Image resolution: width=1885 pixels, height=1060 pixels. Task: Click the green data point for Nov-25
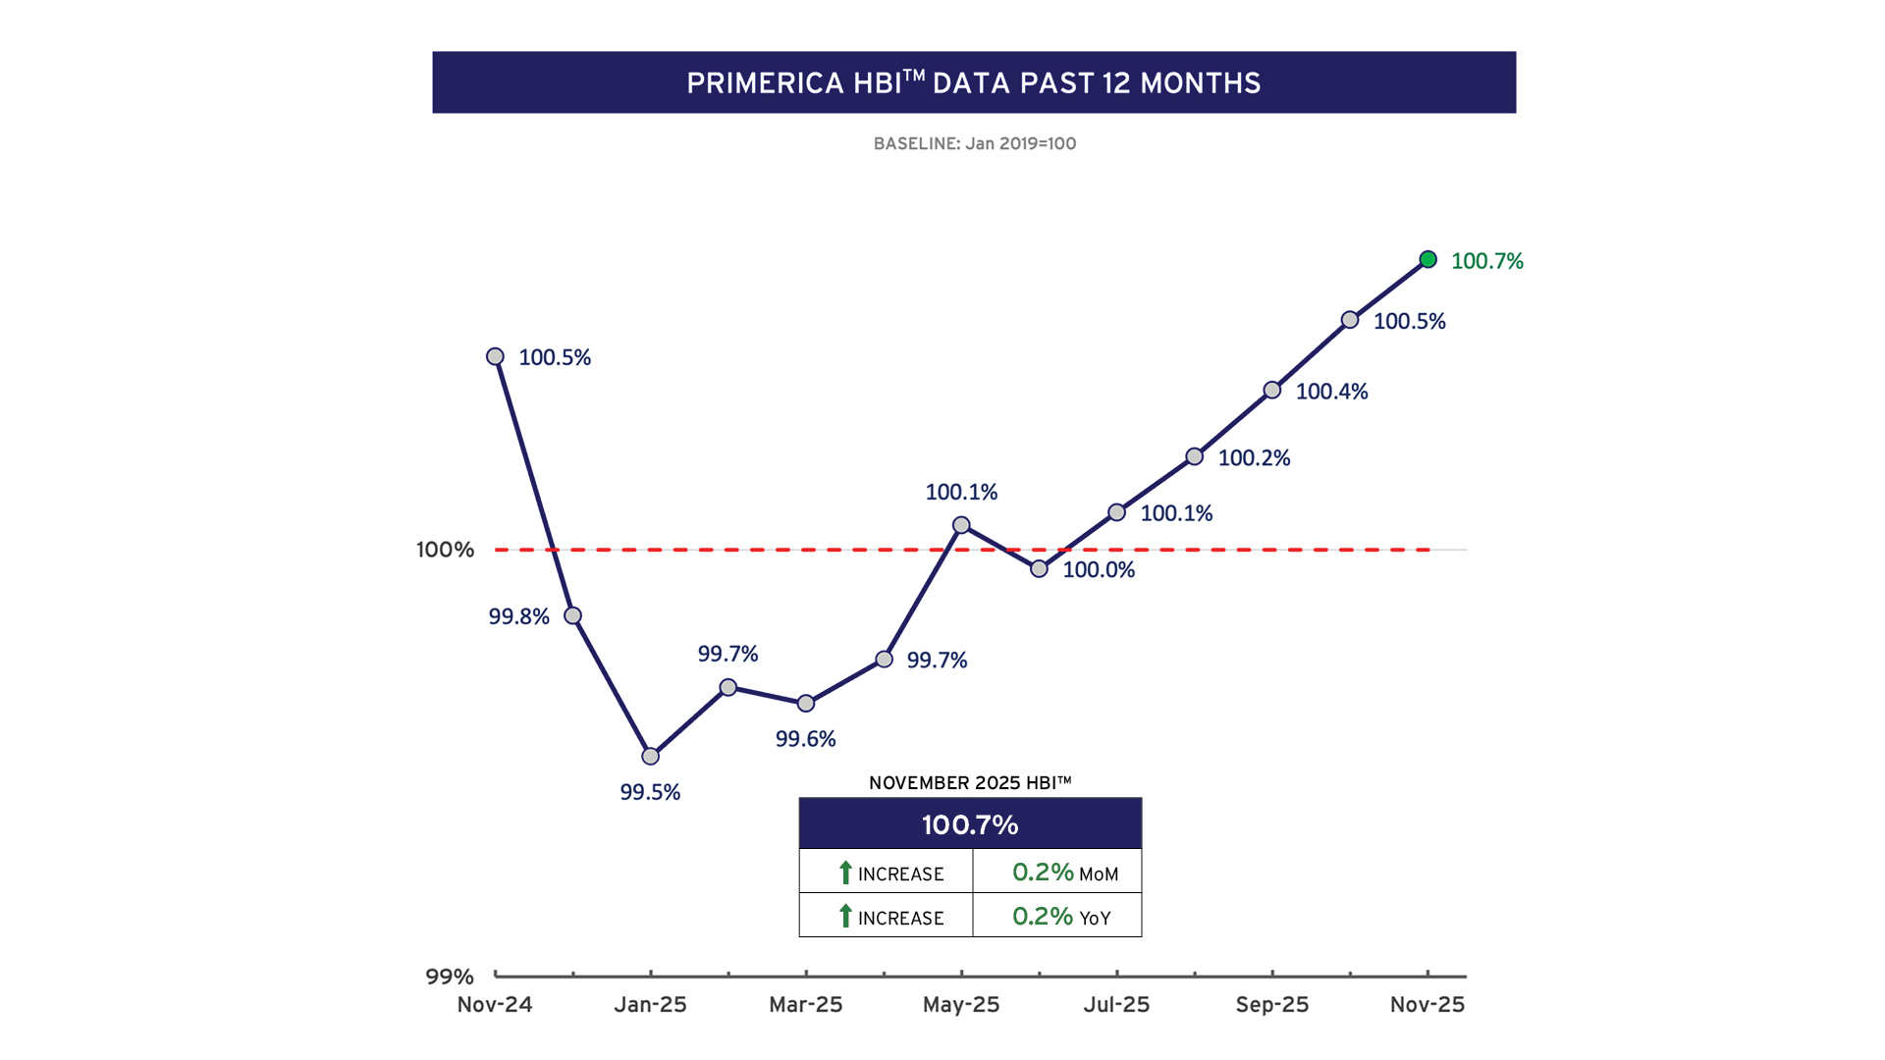pos(1428,259)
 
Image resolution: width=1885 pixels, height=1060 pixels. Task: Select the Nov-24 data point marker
pos(496,356)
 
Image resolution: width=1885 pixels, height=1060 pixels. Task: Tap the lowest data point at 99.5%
pos(650,756)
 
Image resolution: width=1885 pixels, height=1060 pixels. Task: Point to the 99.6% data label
pos(805,739)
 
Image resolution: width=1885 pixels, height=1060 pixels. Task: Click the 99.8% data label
pos(518,616)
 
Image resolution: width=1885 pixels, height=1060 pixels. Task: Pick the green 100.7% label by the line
pos(1486,261)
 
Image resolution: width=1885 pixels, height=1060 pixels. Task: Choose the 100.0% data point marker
pos(1039,568)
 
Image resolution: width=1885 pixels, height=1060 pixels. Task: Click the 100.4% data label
pos(1331,392)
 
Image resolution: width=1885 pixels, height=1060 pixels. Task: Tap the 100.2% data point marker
pos(1194,456)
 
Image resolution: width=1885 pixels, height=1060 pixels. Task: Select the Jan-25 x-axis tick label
pos(650,1005)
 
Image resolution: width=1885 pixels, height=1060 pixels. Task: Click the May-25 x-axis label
pos(961,1005)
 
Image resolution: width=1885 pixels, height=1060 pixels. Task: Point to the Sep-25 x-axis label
pos(1271,1005)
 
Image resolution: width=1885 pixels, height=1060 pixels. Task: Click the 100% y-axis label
pos(445,550)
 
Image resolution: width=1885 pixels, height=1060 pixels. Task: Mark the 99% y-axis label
pos(450,977)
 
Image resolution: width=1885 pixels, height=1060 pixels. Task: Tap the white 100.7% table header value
pos(970,824)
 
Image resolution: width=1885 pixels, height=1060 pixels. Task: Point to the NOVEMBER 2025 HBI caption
pos(970,783)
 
